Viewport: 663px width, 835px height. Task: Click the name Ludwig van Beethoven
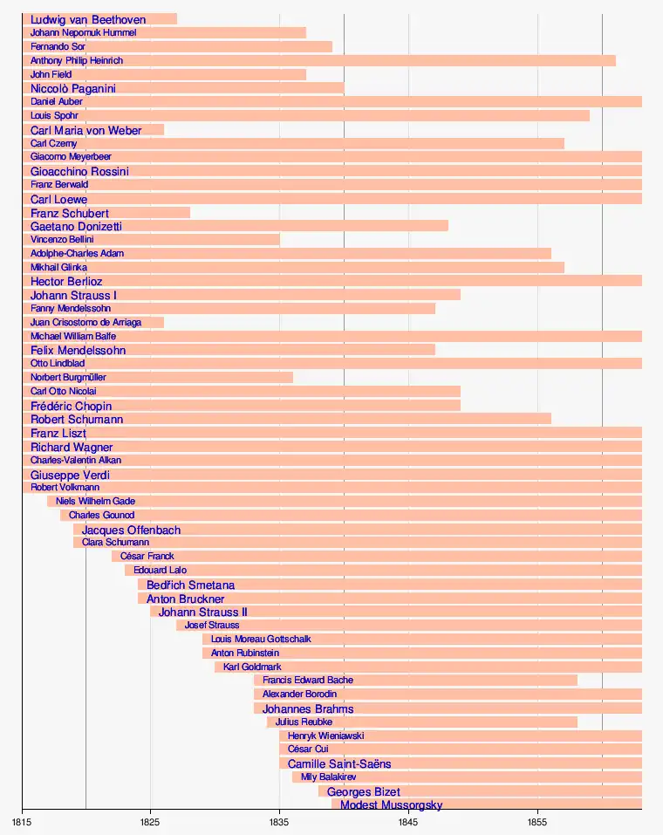coord(87,19)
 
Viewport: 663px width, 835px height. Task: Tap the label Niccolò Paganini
coord(73,88)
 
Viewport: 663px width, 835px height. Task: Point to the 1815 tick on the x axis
coord(22,822)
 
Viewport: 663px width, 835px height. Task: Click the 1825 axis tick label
coord(150,822)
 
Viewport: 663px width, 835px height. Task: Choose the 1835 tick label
coord(279,822)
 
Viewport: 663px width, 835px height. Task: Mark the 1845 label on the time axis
coord(408,822)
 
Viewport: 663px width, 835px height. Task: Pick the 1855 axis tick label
coord(537,822)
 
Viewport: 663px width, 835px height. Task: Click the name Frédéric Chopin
coord(71,406)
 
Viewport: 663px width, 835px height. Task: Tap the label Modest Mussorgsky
coord(391,804)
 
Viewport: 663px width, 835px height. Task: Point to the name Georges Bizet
coord(363,791)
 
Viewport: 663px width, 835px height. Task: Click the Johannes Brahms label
coord(308,708)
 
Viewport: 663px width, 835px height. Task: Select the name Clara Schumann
coord(115,542)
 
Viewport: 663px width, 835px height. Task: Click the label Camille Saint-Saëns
coord(339,763)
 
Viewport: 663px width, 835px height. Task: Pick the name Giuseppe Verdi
coord(70,475)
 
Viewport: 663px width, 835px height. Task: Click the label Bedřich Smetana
coord(190,585)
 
